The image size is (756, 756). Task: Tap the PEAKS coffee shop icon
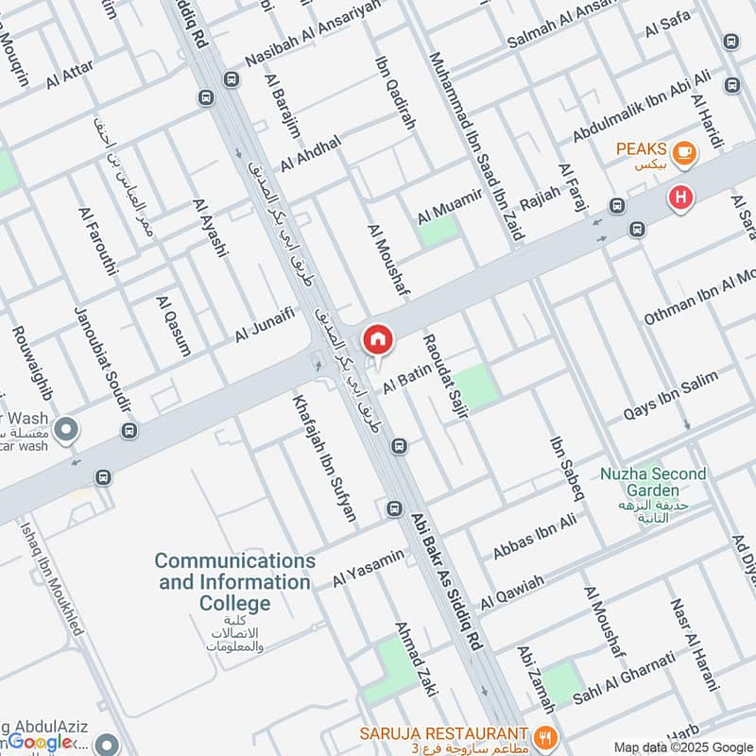tap(683, 150)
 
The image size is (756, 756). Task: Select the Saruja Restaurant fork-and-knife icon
tap(543, 734)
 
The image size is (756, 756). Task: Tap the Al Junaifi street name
tap(265, 323)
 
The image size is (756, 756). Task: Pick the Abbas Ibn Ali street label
tap(534, 536)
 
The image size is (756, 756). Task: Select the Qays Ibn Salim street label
tap(670, 395)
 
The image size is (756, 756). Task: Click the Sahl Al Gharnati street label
tap(624, 678)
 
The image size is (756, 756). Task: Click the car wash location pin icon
tap(66, 432)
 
